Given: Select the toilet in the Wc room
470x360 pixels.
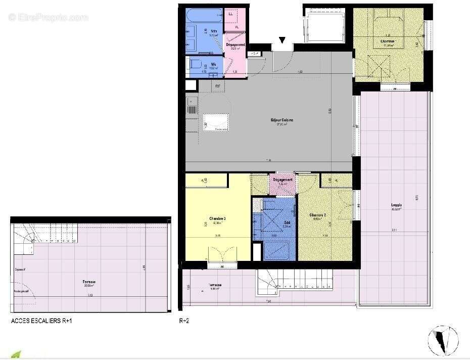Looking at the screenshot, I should pos(194,65).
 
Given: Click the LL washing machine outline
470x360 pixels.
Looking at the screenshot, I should pos(231,15).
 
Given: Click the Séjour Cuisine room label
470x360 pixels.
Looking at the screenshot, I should pos(281,120).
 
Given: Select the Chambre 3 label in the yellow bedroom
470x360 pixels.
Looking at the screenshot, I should pos(217,218).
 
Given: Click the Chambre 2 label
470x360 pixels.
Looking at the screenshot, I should pos(317,215).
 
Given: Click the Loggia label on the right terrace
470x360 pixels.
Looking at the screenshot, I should pos(396,206).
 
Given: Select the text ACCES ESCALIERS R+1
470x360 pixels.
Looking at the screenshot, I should pos(44,321).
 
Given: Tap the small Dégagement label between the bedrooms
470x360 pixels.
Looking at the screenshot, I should pos(283,180).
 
